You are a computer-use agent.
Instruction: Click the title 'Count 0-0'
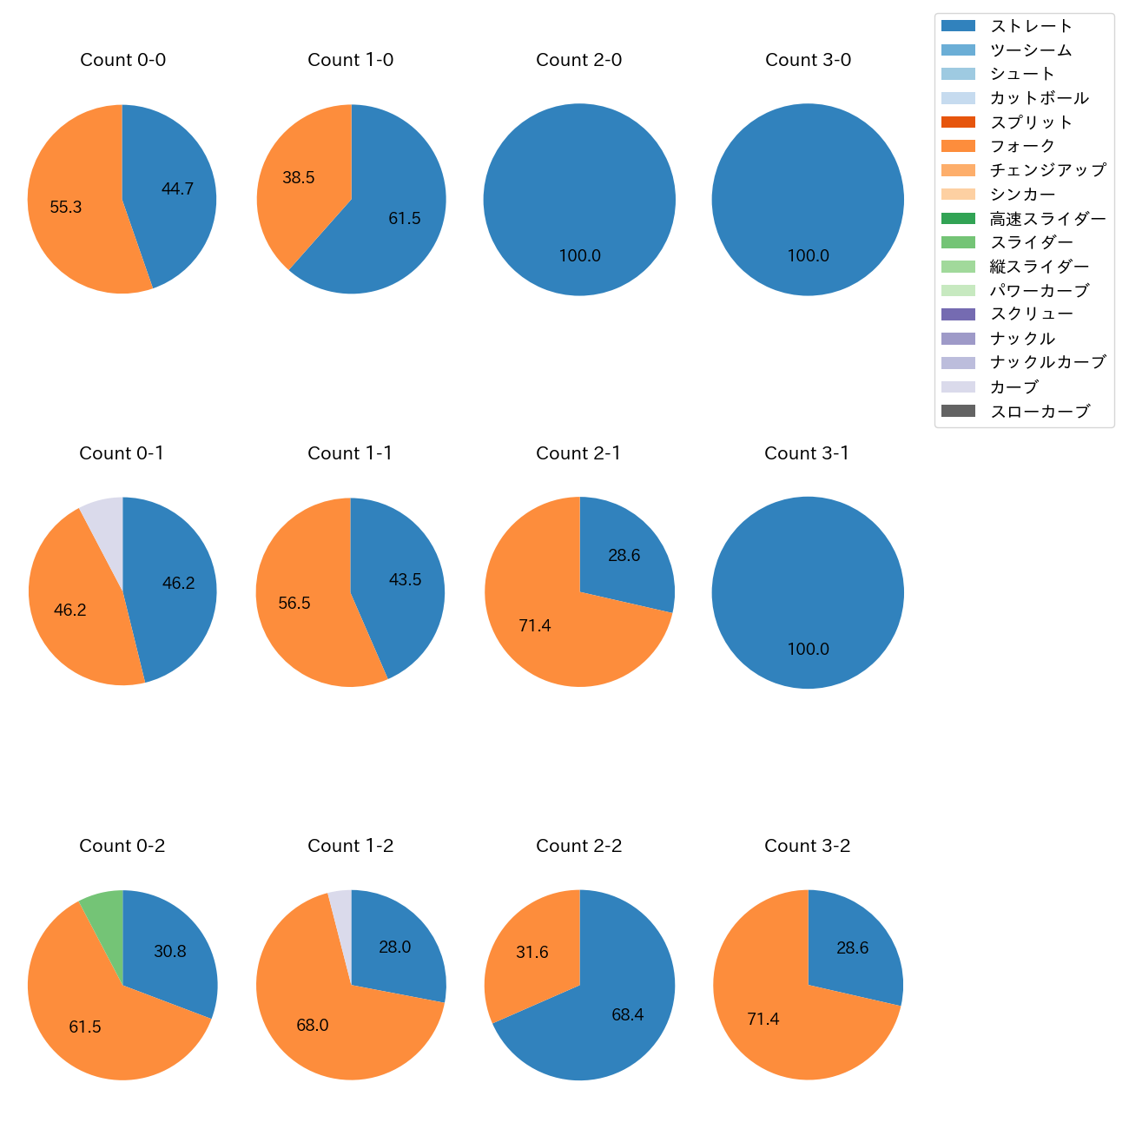coord(122,60)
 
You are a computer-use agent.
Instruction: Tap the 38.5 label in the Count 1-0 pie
coord(299,178)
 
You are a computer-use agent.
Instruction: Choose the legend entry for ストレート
coord(1031,26)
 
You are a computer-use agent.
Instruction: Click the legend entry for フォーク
coord(1022,146)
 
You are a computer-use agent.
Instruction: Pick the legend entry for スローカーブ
coord(1040,412)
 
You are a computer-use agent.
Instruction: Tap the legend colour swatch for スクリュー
coord(958,314)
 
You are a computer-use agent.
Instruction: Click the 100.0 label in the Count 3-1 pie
coord(808,650)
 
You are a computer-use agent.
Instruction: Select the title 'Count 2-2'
coord(579,846)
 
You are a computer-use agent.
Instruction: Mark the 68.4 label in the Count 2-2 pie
coord(627,1015)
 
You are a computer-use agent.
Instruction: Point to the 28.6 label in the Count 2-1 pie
coord(624,556)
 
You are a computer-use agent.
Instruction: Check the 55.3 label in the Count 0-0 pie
coord(66,208)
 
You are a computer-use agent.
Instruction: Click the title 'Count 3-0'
coord(808,60)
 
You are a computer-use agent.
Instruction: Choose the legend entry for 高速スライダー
coord(1048,219)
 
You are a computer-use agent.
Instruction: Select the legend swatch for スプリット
coord(958,122)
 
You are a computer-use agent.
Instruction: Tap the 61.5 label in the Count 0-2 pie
coord(85,1027)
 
